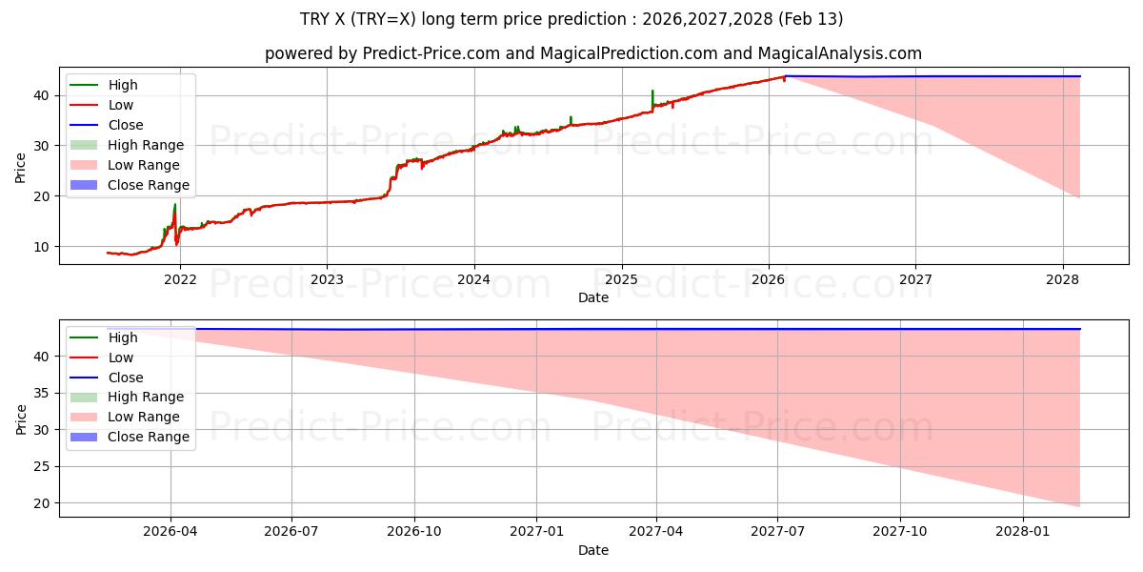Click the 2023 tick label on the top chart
pyautogui.click(x=327, y=278)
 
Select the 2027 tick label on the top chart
pyautogui.click(x=915, y=278)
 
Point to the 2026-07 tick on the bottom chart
pyautogui.click(x=291, y=530)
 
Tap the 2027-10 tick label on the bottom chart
pyautogui.click(x=900, y=530)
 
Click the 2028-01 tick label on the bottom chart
pyautogui.click(x=1022, y=530)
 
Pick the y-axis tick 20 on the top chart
pyautogui.click(x=42, y=196)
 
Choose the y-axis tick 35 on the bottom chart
pyautogui.click(x=42, y=393)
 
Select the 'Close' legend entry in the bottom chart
pyautogui.click(x=126, y=378)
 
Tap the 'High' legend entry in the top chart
pyautogui.click(x=123, y=85)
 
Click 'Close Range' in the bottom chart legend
pyautogui.click(x=149, y=438)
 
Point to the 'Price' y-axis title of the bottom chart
pyautogui.click(x=21, y=419)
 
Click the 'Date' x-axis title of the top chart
pyautogui.click(x=592, y=297)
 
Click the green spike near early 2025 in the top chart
pyautogui.click(x=652, y=93)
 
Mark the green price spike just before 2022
pyautogui.click(x=174, y=207)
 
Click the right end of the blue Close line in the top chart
pyautogui.click(x=1079, y=76)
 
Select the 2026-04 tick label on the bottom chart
pyautogui.click(x=170, y=530)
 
